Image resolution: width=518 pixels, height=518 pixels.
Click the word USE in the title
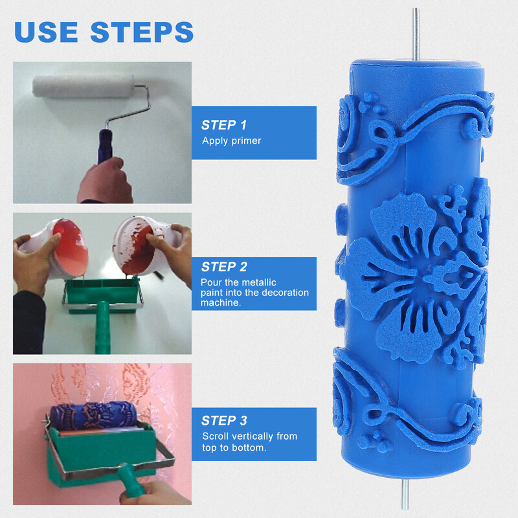point(48,32)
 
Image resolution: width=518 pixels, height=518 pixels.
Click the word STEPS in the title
point(142,32)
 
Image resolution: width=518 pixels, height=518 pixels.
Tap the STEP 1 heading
point(224,125)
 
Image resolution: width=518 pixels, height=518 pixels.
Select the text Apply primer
point(231,141)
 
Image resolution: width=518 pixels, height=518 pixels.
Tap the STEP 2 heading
point(224,266)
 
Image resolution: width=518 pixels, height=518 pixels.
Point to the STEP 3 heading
point(224,420)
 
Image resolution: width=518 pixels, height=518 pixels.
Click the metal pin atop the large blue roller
point(416,32)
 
